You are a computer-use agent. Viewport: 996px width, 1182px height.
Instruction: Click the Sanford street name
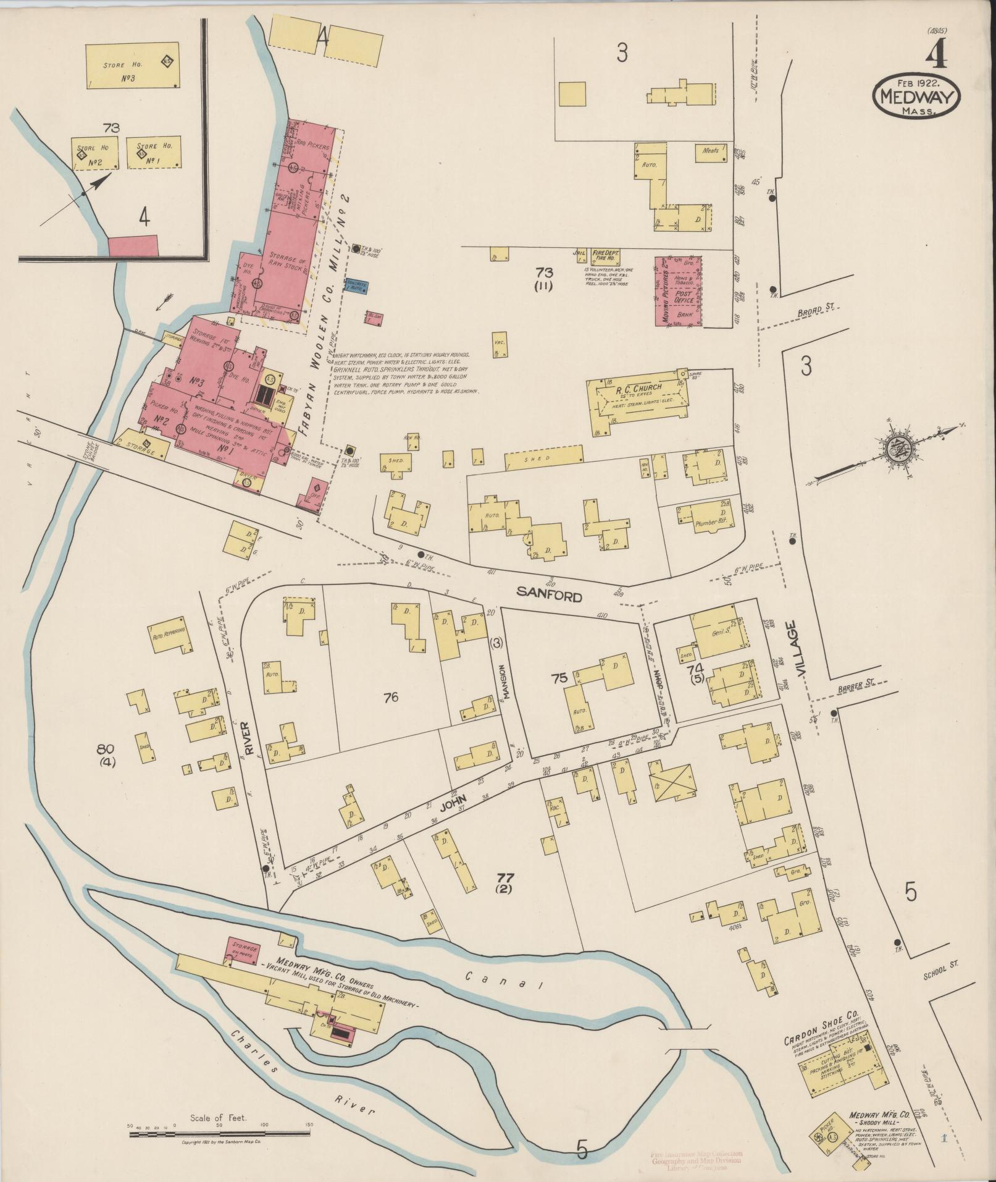pyautogui.click(x=550, y=596)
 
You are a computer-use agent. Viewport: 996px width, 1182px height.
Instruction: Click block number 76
pyautogui.click(x=390, y=698)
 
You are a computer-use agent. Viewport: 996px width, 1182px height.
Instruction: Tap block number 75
pyautogui.click(x=559, y=677)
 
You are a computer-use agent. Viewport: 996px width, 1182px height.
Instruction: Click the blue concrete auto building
pyautogui.click(x=358, y=285)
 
